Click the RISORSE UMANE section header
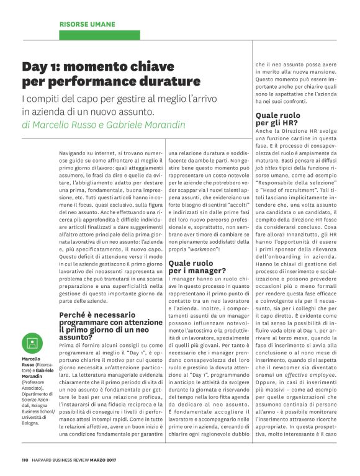87,24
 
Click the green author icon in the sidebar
32,343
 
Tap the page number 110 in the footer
25,460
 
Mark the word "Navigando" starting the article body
74,151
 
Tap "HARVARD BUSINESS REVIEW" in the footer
62,460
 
